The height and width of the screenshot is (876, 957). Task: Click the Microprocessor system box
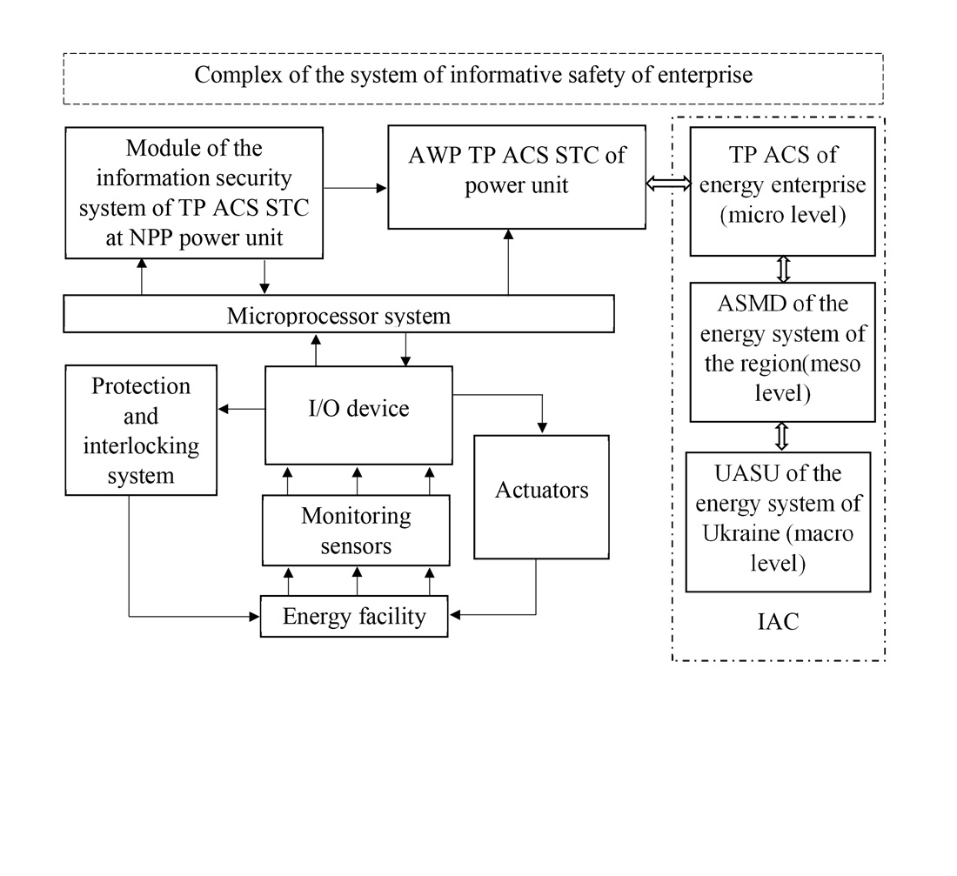pos(338,314)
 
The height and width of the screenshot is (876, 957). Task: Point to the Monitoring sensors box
pos(356,530)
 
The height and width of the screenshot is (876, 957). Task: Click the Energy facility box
pos(354,616)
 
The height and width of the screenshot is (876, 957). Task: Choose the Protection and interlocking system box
pos(141,431)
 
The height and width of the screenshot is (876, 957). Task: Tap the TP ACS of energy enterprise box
pos(782,191)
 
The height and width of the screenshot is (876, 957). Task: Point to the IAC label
pos(778,622)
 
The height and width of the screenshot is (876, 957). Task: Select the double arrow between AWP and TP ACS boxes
pos(667,184)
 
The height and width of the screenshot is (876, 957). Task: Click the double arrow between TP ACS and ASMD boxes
pos(782,269)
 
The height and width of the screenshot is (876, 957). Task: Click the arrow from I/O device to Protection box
pos(241,408)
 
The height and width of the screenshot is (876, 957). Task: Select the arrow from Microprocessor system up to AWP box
pos(508,262)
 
